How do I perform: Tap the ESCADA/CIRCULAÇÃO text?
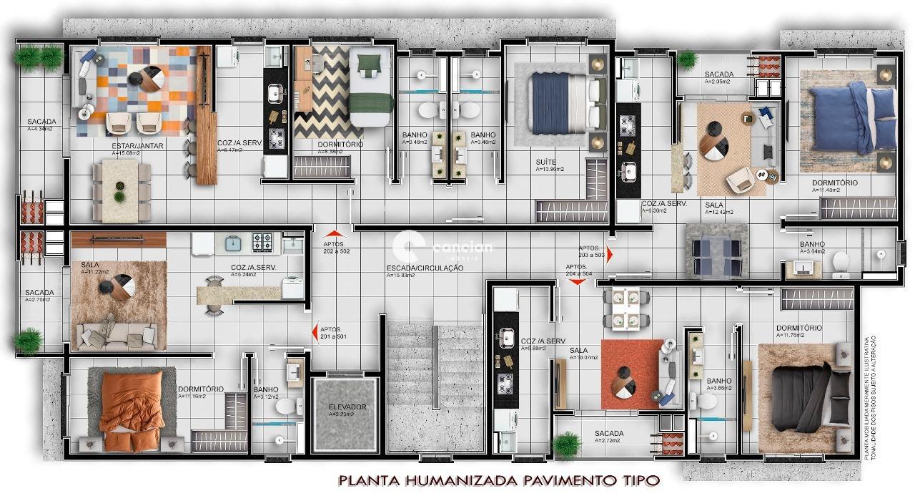click(425, 268)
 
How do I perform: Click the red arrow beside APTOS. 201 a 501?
click(315, 332)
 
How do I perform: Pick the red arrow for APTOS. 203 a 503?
click(609, 256)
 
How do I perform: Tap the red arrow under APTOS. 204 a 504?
click(576, 281)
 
